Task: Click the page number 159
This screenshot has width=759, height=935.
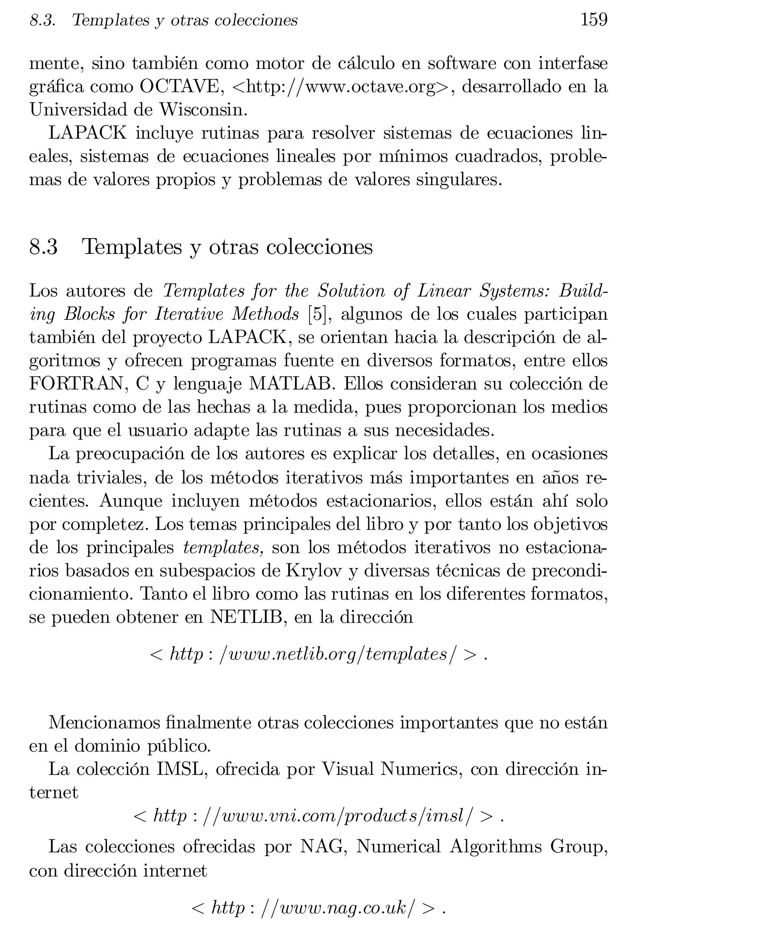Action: click(x=593, y=20)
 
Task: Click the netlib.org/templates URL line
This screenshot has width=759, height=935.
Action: click(x=318, y=654)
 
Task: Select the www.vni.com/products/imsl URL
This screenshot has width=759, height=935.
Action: click(x=318, y=816)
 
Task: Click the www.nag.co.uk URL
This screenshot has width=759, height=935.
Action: click(x=318, y=908)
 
